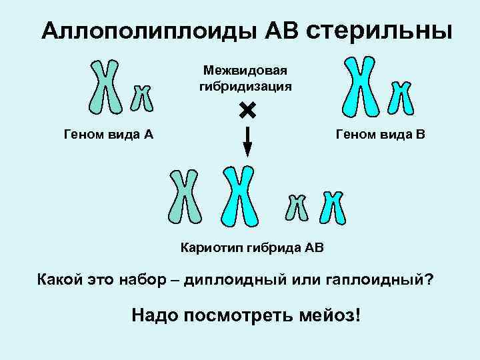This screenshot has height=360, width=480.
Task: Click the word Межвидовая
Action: (x=245, y=71)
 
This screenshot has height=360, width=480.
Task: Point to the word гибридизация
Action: (x=245, y=86)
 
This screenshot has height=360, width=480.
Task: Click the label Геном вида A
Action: (x=108, y=135)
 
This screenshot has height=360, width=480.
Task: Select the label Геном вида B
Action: (x=381, y=135)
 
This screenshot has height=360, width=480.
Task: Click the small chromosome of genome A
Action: (x=141, y=97)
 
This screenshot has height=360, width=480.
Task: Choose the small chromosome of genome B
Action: (x=401, y=97)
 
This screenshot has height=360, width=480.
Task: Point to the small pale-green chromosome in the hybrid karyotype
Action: (x=297, y=207)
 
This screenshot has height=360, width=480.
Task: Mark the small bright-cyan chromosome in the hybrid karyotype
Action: (x=331, y=207)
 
